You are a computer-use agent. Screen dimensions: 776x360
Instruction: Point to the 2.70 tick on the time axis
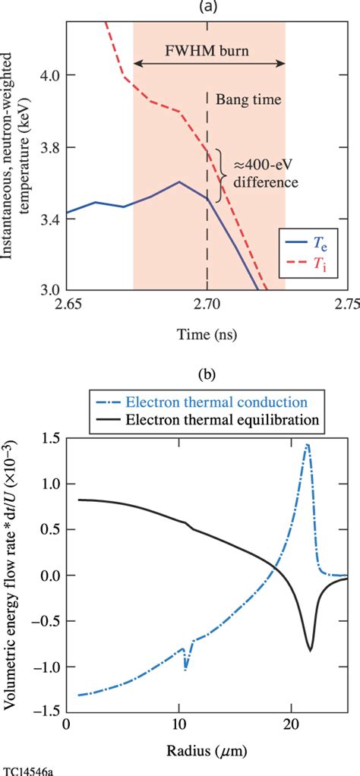pyautogui.click(x=207, y=306)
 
